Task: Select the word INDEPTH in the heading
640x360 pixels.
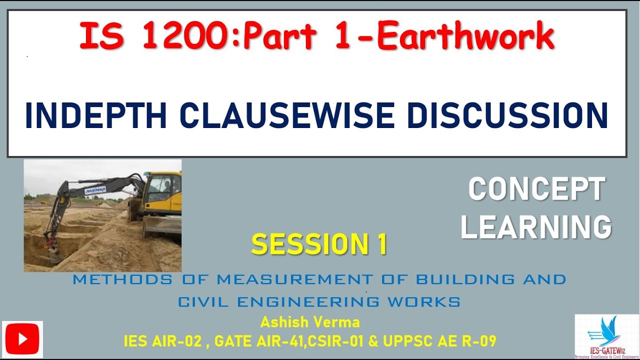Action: pyautogui.click(x=96, y=116)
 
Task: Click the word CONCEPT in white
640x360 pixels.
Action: pyautogui.click(x=536, y=190)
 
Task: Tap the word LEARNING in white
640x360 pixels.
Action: pyautogui.click(x=536, y=227)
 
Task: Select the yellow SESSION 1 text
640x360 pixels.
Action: pyautogui.click(x=319, y=245)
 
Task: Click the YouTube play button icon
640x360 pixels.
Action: pyautogui.click(x=22, y=340)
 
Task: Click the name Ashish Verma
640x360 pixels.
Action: pyautogui.click(x=310, y=322)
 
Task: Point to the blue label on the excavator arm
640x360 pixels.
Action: pyautogui.click(x=95, y=190)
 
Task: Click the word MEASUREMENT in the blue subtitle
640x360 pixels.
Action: pyautogui.click(x=294, y=279)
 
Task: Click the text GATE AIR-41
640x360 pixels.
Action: pyautogui.click(x=259, y=341)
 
